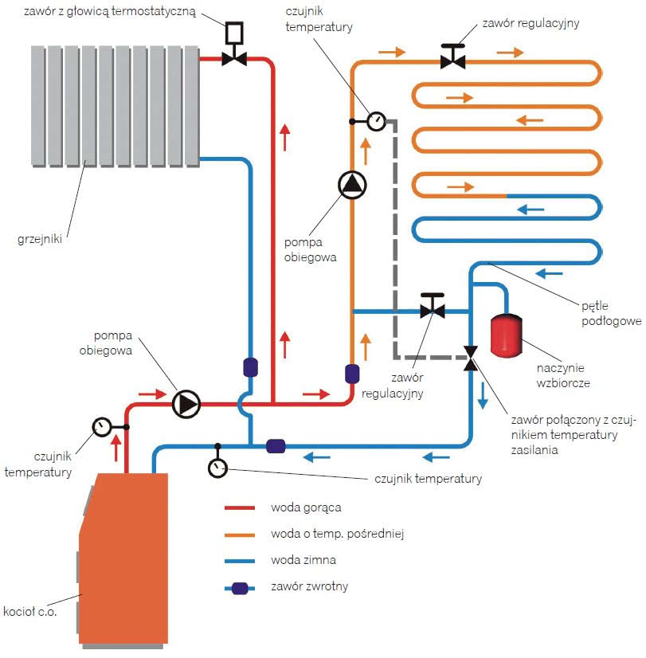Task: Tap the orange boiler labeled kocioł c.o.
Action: point(123,559)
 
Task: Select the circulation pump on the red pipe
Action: point(186,404)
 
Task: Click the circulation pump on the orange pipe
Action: point(352,185)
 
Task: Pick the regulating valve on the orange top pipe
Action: point(452,57)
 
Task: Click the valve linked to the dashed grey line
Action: point(471,358)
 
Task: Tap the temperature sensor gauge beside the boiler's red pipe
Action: point(102,427)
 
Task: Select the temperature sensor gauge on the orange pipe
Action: point(376,121)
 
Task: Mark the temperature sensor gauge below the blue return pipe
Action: point(217,468)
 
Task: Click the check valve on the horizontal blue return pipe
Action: point(276,446)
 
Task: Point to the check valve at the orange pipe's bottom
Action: point(352,374)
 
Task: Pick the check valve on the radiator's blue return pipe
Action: point(250,367)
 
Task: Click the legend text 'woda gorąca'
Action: point(306,507)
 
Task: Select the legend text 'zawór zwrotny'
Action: point(310,586)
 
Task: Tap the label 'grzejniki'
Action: point(40,239)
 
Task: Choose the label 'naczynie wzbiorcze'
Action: point(563,375)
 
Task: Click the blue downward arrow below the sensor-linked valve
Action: point(483,395)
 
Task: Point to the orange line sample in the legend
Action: point(240,535)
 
